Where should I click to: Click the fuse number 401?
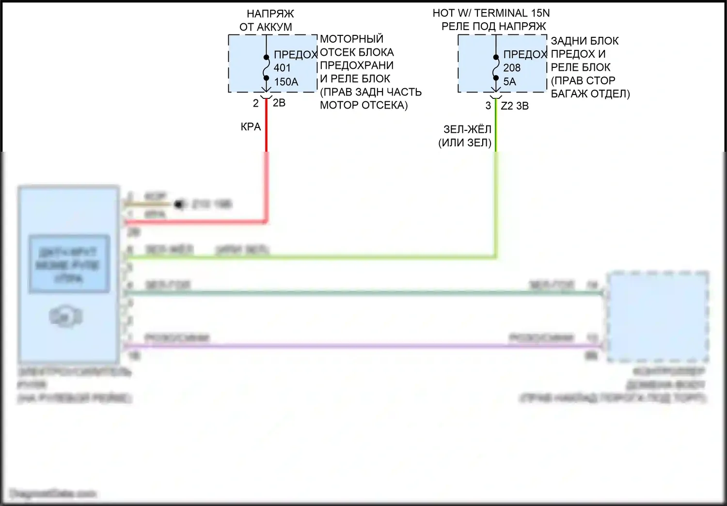[x=282, y=68]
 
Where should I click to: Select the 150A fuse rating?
[x=286, y=82]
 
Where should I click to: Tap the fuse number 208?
[x=512, y=68]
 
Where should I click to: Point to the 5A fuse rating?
[x=509, y=81]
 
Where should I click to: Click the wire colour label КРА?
[x=251, y=127]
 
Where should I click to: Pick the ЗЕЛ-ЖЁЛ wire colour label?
[x=467, y=129]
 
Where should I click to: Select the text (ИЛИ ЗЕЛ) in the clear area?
[x=465, y=143]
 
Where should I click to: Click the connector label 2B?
[x=279, y=103]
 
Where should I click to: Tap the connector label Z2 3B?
[x=515, y=106]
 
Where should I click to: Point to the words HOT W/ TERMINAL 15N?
[x=491, y=13]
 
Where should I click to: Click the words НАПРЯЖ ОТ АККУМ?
[x=267, y=20]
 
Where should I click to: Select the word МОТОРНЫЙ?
[x=351, y=39]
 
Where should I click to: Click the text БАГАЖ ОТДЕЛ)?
[x=590, y=94]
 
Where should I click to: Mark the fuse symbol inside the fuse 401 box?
[x=266, y=68]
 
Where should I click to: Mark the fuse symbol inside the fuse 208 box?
[x=495, y=68]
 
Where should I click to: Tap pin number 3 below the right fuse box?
[x=488, y=106]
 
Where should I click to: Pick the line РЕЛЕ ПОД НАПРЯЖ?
[x=493, y=26]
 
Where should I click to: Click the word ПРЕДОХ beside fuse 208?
[x=525, y=55]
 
